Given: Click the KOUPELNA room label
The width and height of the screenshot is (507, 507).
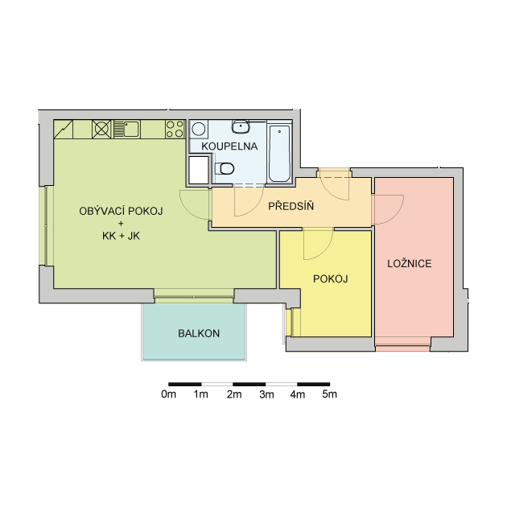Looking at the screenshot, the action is point(229,146).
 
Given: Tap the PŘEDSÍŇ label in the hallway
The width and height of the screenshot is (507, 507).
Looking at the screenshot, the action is point(291,206).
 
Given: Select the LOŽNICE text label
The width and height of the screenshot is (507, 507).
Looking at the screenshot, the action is point(410,263).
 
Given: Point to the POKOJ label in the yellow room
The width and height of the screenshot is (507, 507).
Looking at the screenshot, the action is point(330,278).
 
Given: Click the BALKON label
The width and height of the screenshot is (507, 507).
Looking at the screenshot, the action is point(199,333).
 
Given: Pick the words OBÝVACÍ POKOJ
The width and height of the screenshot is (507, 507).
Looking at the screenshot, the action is point(121,211).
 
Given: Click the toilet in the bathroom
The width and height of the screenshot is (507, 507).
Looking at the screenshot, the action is point(225,168).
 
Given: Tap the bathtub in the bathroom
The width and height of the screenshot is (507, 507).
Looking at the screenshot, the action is point(280,154).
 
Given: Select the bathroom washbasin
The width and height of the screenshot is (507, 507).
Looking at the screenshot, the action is point(241,126).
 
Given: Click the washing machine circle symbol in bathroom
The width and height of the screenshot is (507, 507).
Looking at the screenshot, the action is point(199,129).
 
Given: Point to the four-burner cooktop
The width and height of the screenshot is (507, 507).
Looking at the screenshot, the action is point(175,129).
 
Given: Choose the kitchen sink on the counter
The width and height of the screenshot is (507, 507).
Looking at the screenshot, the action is point(127,129).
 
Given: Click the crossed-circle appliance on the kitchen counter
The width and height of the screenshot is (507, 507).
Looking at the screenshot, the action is point(101,129).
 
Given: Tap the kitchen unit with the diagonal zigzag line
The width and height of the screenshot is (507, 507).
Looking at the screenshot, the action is point(64,129).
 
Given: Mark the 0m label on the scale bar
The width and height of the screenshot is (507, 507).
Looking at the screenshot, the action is point(168,394).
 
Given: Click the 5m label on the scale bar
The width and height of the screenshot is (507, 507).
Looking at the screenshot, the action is point(329,394).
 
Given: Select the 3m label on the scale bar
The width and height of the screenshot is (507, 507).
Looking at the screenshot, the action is point(266,394).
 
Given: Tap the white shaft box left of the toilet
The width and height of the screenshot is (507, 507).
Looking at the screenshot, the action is point(199,170).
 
